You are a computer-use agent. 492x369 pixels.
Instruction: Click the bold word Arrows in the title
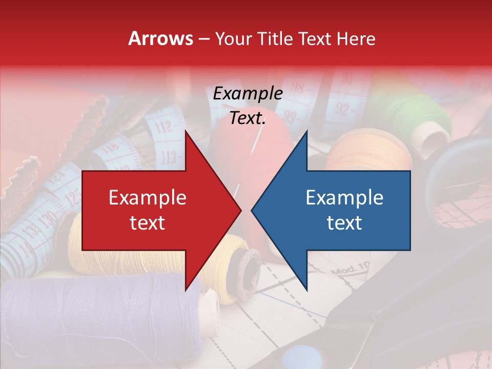(x=160, y=38)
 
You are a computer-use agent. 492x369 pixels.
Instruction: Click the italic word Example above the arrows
(x=248, y=94)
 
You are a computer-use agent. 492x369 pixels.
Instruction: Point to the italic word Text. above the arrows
(x=248, y=118)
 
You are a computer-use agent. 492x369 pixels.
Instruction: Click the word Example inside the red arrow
(x=148, y=198)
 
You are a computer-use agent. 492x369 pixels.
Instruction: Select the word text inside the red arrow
(x=148, y=223)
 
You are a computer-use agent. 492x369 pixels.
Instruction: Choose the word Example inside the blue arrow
(x=344, y=198)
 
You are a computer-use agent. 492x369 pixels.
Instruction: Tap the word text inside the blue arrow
(x=344, y=223)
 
